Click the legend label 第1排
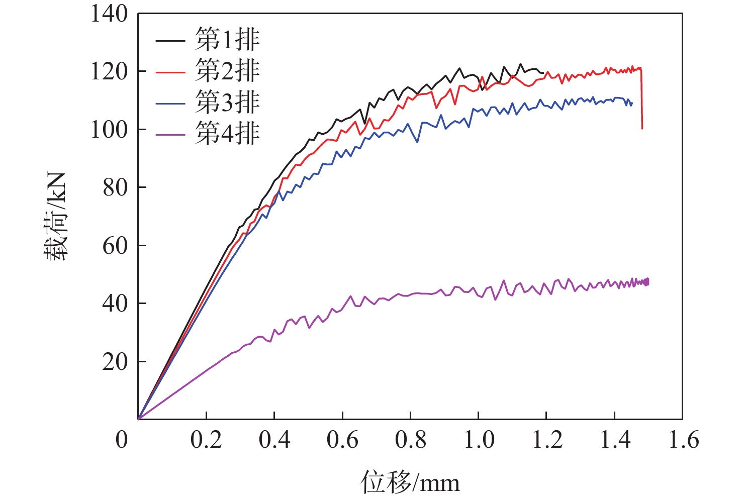point(227,40)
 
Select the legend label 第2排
point(227,71)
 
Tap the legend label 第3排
point(227,102)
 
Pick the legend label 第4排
point(227,134)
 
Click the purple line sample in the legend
point(170,135)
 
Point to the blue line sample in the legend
point(170,104)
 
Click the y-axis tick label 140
point(109,14)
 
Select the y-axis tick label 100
point(109,130)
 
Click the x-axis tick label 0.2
point(206,440)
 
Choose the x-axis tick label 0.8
point(410,440)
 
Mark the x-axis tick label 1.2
point(547,440)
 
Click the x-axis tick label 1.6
point(683,440)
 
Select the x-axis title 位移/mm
point(410,482)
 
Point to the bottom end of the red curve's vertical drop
point(642,129)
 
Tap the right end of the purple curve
point(648,282)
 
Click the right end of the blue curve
point(632,104)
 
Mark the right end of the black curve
point(544,72)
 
